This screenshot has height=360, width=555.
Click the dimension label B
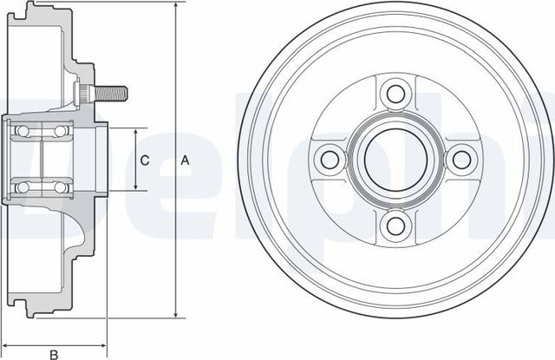pos(53,354)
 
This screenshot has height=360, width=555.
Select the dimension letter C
pos(146,160)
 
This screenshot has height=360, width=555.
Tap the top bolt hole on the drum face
pos(395,93)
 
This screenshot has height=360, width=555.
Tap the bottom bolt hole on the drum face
pos(395,226)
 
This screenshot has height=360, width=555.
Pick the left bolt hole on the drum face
pos(329,159)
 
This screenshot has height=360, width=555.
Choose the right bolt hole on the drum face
pos(462,159)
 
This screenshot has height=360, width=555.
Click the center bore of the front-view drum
pos(395,160)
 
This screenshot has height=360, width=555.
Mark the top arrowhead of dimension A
pos(176,7)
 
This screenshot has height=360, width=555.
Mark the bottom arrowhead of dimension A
pos(176,314)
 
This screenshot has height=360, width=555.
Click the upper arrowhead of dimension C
pos(136,131)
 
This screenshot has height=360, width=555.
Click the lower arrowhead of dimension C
pos(136,187)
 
